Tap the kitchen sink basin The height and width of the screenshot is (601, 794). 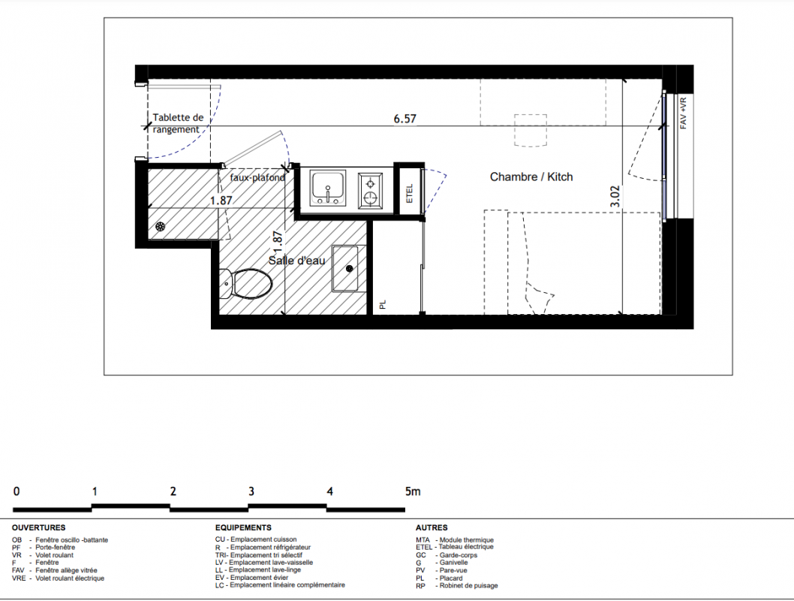328,188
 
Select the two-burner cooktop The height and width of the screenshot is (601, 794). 371,190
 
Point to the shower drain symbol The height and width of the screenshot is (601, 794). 160,227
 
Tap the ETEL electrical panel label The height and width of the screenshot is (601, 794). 410,193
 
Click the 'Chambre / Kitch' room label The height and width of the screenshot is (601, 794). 531,177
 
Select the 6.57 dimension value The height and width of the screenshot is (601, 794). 405,119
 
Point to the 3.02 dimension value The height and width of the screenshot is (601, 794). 615,196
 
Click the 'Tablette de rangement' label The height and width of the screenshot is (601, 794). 178,123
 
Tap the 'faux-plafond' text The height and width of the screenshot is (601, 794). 257,178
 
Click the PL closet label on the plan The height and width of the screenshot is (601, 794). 383,304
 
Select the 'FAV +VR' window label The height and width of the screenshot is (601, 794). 683,113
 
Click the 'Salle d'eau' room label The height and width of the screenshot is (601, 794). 296,261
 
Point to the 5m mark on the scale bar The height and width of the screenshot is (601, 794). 413,491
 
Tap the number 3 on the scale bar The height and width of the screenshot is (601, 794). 251,491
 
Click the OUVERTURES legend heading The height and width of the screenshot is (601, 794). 38,527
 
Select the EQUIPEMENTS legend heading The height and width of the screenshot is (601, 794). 243,527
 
